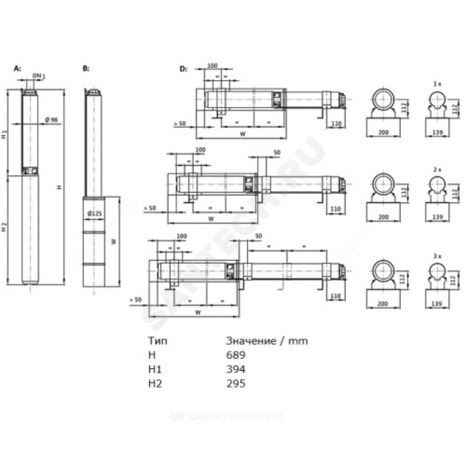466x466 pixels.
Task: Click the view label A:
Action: (17, 69)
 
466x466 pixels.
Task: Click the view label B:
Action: (86, 69)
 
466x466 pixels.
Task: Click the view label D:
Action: (183, 69)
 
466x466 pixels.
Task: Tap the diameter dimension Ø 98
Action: (51, 120)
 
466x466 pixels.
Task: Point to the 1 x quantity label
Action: (437, 85)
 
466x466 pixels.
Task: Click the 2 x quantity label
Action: (437, 168)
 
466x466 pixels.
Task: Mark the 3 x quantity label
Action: (437, 255)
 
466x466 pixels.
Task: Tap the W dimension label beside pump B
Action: (115, 241)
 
